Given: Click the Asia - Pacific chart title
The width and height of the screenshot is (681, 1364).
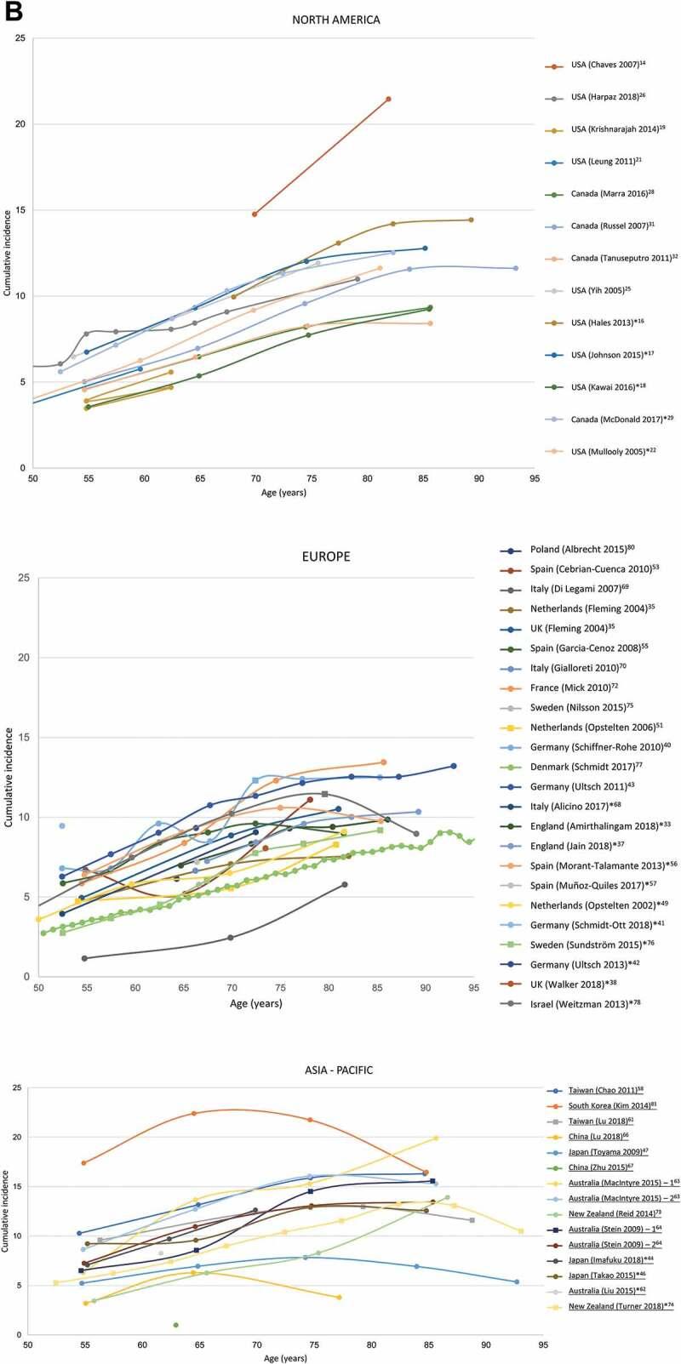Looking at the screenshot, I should (330, 1070).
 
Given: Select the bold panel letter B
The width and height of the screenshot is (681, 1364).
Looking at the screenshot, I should (12, 10).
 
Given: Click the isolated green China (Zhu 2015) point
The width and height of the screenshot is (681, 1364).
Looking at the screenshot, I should (175, 1325).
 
